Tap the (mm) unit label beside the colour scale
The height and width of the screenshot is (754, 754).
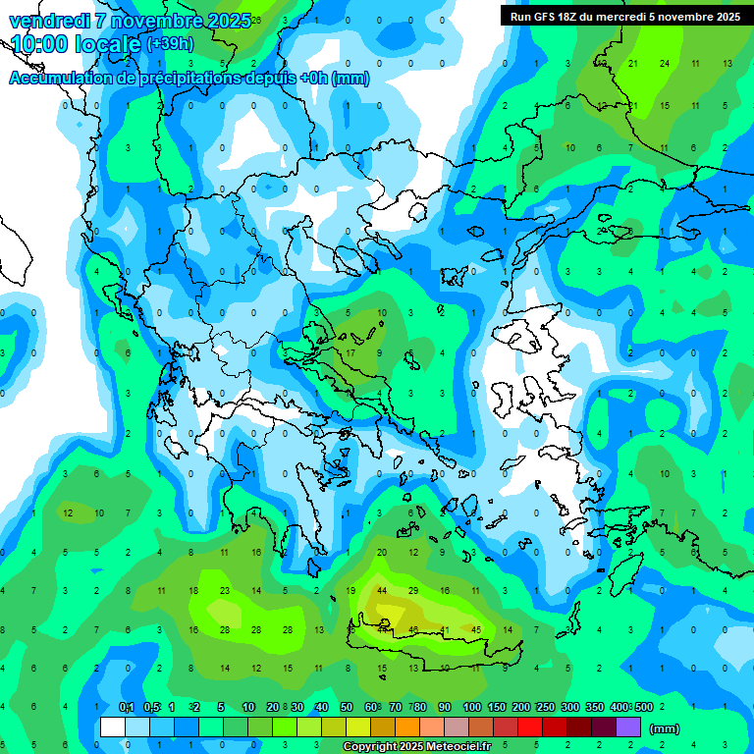click(x=665, y=728)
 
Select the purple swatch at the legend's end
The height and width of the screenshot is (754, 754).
click(x=629, y=727)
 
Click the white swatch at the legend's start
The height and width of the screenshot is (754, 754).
click(x=113, y=727)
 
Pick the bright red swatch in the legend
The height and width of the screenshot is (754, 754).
click(x=530, y=727)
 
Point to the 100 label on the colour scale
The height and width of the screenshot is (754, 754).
click(x=472, y=707)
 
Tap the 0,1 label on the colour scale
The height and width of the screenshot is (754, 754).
click(x=127, y=707)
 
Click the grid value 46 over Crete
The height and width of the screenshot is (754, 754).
click(x=413, y=629)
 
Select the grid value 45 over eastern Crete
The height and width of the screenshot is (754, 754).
click(x=476, y=629)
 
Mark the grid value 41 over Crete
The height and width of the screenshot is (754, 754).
click(x=445, y=629)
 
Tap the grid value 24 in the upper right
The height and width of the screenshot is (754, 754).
click(x=665, y=63)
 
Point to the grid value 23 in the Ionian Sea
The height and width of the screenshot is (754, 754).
click(x=225, y=591)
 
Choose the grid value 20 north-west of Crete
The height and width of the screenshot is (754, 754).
click(x=382, y=553)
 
